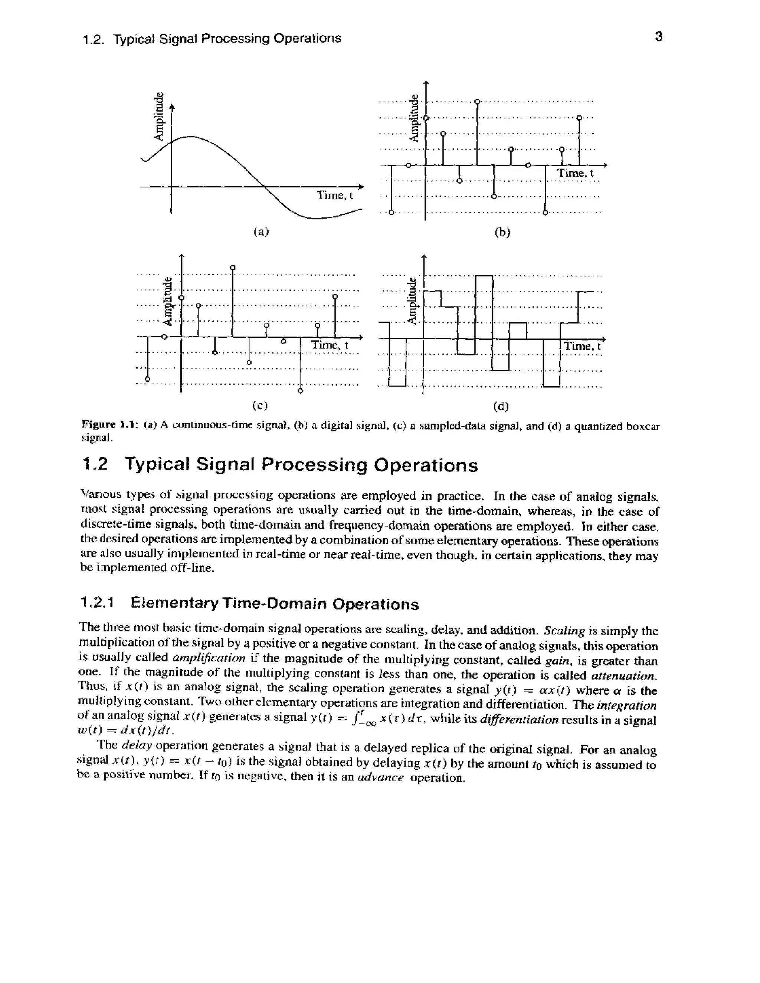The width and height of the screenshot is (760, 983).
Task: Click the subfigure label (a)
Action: click(x=261, y=231)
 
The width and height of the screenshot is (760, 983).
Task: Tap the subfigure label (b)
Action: click(x=502, y=232)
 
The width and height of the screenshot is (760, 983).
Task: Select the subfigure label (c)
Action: click(x=260, y=405)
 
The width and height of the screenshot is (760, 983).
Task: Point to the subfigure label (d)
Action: click(x=501, y=407)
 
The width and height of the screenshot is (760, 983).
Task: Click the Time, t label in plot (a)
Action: click(x=334, y=195)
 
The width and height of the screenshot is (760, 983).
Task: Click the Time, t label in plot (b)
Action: click(x=576, y=173)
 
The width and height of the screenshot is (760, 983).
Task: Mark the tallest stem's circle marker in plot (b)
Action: click(x=477, y=101)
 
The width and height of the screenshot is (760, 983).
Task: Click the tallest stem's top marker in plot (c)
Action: click(x=232, y=268)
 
